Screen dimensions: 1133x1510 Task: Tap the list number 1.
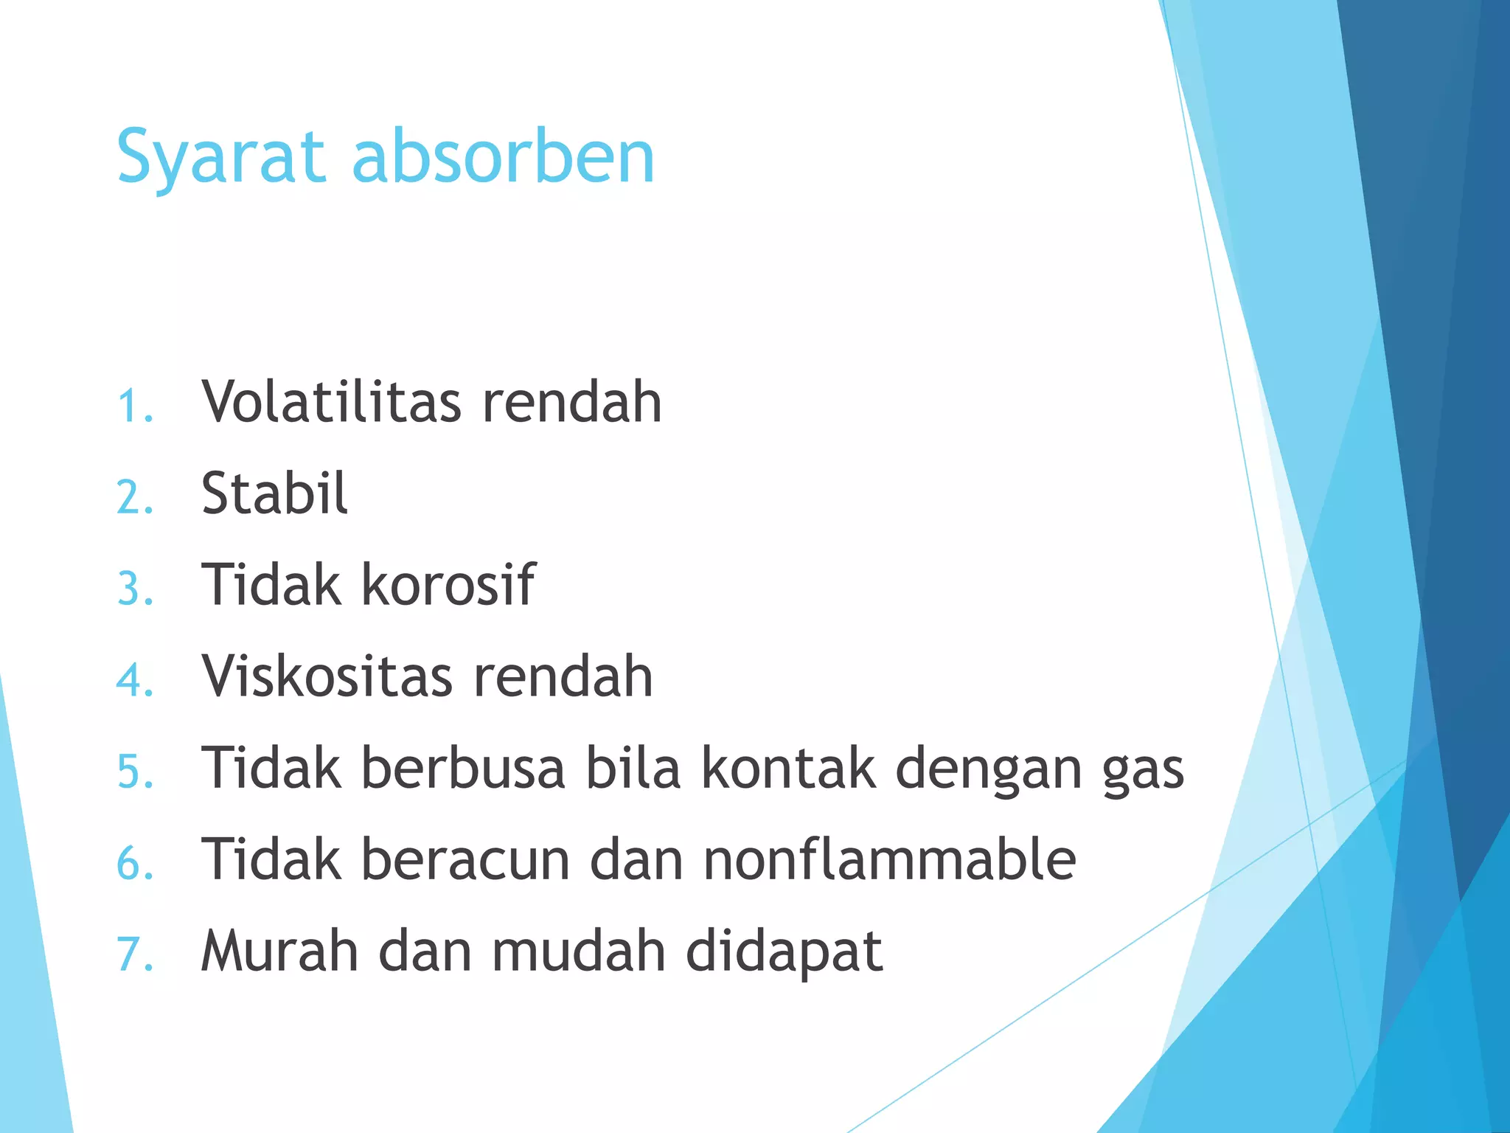[134, 406]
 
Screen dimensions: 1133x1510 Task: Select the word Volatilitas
[332, 402]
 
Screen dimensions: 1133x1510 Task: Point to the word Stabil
[274, 493]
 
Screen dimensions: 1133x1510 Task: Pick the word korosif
[448, 585]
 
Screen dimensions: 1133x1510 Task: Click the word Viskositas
[327, 676]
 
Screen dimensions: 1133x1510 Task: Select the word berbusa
[463, 769]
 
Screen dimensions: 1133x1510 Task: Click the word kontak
[788, 769]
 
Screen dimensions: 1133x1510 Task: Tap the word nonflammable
[889, 860]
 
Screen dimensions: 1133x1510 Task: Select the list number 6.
[135, 865]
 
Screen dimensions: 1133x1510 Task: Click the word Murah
[279, 952]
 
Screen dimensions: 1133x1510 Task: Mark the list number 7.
[135, 956]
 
